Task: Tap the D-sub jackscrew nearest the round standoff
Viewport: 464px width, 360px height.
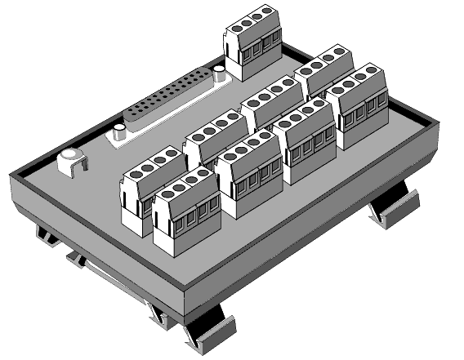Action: pyautogui.click(x=118, y=132)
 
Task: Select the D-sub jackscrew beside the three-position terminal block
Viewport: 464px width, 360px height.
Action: pyautogui.click(x=220, y=78)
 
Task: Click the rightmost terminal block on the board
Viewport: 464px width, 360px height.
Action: pyautogui.click(x=360, y=106)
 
